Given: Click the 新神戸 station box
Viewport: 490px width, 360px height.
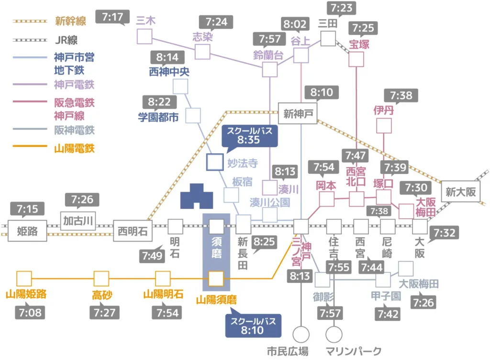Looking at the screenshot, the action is point(298,113).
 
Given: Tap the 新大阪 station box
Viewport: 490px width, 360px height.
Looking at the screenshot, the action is point(460,191).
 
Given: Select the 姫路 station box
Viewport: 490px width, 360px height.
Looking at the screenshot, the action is point(27,231).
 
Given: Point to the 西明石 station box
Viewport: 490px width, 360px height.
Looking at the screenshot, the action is point(133,231).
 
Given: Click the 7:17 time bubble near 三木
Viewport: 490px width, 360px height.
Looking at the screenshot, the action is point(112,17).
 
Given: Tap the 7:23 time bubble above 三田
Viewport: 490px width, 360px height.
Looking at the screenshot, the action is point(341,8).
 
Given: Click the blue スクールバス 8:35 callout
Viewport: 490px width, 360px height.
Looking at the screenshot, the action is point(249,136).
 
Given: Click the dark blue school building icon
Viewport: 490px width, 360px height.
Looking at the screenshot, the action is point(197,196).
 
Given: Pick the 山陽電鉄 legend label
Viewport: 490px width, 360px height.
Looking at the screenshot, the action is point(74,148).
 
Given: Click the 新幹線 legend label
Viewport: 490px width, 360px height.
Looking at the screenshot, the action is point(70,21).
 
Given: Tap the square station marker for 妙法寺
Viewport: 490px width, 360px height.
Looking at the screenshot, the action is point(215,162).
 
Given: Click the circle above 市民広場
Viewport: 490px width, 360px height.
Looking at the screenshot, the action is point(301,334).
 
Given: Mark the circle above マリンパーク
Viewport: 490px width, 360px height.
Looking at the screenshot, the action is point(334,334).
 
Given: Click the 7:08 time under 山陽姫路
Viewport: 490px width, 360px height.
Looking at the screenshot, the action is point(30,312).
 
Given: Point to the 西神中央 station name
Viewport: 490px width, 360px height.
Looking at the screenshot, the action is point(169,72).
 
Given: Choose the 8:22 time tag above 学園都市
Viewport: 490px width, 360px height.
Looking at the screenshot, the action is point(159,102).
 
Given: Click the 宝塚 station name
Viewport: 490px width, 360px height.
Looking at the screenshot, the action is point(359,44).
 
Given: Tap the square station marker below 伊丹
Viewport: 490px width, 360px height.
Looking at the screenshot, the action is point(384,126).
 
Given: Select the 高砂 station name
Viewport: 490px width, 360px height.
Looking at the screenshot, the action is point(102,295).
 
